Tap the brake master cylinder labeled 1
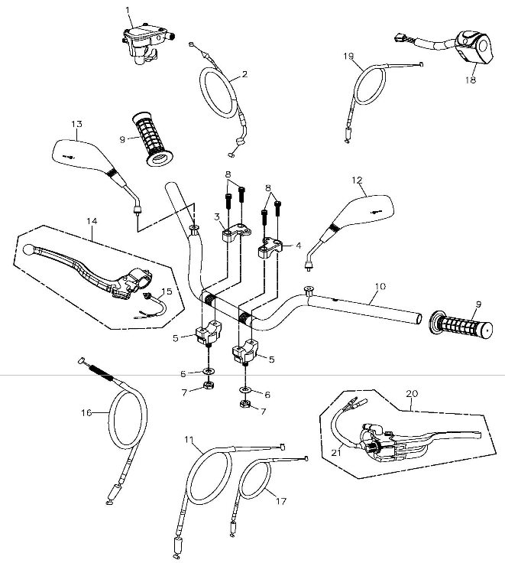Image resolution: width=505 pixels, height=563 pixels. tap(145, 37)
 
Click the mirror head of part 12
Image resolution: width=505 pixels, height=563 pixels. tap(370, 209)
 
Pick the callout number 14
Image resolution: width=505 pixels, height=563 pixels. tap(92, 222)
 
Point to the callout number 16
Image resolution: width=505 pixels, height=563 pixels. tap(86, 412)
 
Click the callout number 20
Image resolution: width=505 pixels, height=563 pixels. tap(412, 393)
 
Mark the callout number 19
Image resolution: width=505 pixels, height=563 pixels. tap(348, 56)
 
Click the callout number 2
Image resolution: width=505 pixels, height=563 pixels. tap(244, 74)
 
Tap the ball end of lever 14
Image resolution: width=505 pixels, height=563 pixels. tap(29, 249)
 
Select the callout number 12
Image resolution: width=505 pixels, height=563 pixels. tap(357, 181)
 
